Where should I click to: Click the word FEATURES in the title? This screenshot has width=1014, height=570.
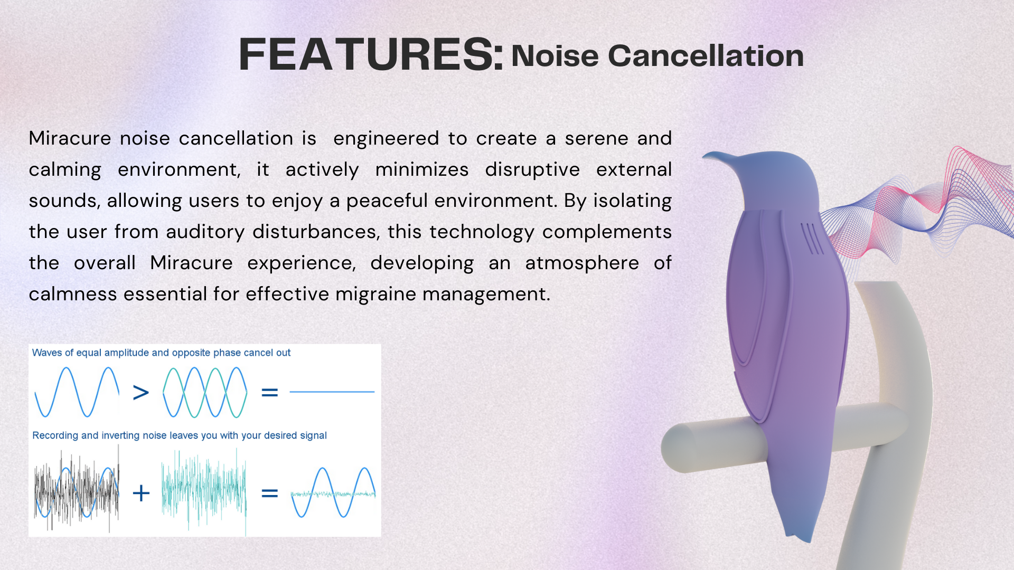(371, 54)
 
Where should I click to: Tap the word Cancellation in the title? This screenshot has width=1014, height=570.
(706, 55)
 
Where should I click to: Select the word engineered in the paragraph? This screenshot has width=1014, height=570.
(386, 139)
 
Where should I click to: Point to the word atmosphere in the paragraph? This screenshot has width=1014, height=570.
(582, 263)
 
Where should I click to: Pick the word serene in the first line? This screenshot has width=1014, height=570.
(596, 139)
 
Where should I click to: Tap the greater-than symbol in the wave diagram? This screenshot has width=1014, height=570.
(141, 392)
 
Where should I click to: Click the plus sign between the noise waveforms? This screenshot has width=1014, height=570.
(141, 493)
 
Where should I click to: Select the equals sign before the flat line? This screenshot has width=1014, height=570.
(269, 392)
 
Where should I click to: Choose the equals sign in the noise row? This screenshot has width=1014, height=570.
(269, 493)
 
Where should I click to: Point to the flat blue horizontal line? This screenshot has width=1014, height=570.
(332, 392)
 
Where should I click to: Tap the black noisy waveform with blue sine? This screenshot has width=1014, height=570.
(77, 490)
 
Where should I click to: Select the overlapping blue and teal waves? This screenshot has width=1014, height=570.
(205, 392)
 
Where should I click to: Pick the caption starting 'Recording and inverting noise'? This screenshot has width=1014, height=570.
(180, 435)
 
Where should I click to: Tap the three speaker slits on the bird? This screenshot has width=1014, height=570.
(812, 239)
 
